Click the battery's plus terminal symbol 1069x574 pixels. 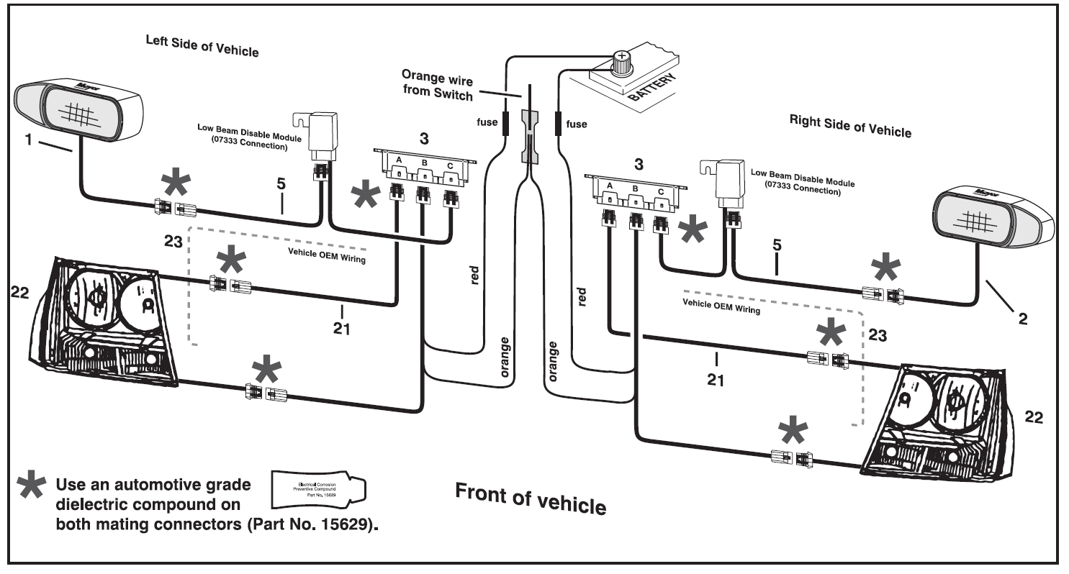[620, 57]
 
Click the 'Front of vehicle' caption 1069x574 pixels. [530, 495]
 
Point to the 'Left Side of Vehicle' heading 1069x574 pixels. [202, 49]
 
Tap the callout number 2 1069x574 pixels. [1022, 317]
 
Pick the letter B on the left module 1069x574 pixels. [424, 163]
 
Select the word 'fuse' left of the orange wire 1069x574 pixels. [487, 123]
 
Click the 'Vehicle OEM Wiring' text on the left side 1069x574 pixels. [326, 255]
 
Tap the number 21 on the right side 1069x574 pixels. [714, 379]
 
